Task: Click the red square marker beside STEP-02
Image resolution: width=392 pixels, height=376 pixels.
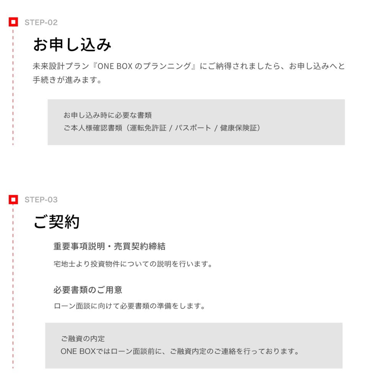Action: pyautogui.click(x=13, y=22)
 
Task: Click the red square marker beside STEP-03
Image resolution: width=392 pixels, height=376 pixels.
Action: pyautogui.click(x=13, y=200)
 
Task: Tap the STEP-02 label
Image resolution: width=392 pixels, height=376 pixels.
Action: pyautogui.click(x=41, y=23)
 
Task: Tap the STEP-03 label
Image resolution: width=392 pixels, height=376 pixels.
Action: pyautogui.click(x=41, y=200)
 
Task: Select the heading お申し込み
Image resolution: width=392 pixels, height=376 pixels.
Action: pyautogui.click(x=72, y=45)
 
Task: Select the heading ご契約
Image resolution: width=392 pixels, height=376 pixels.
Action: pyautogui.click(x=57, y=221)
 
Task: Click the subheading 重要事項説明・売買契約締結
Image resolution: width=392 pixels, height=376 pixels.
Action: pyautogui.click(x=109, y=246)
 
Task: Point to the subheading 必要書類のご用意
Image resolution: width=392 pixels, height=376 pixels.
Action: pyautogui.click(x=88, y=290)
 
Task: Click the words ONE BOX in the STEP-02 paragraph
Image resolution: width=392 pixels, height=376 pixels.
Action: pyautogui.click(x=115, y=66)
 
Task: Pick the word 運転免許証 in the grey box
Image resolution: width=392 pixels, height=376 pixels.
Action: pyautogui.click(x=148, y=128)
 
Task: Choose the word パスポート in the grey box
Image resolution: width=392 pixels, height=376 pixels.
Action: pyautogui.click(x=193, y=128)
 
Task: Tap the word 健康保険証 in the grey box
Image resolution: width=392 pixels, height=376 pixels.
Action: pyautogui.click(x=238, y=128)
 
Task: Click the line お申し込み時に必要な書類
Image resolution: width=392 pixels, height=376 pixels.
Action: pyautogui.click(x=108, y=115)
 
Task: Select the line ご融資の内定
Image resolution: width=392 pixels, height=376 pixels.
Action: pyautogui.click(x=83, y=339)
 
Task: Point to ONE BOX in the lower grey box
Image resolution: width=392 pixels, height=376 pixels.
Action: pyautogui.click(x=78, y=352)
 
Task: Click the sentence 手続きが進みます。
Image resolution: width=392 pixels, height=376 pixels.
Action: pyautogui.click(x=67, y=80)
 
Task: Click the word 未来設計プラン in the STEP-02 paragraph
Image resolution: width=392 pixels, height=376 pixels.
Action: pyautogui.click(x=61, y=66)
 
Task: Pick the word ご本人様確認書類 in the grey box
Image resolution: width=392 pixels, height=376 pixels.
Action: pyautogui.click(x=93, y=128)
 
